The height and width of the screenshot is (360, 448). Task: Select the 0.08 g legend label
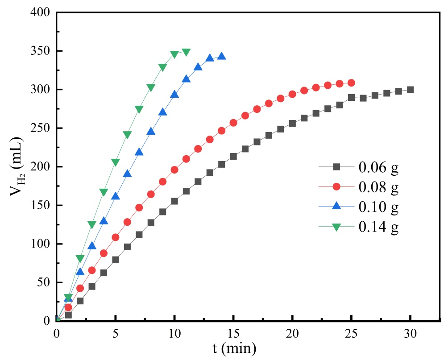378,187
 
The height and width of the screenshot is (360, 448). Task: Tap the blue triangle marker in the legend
336,207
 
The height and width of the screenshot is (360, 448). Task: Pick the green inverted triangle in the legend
336,227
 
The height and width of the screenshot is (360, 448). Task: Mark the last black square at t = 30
410,90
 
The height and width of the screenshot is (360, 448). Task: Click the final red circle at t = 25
351,83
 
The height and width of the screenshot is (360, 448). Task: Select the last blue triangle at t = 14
222,56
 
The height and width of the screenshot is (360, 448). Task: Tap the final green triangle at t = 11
186,52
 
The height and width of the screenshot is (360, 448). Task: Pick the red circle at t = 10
174,170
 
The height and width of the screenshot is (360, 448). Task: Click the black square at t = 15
233,157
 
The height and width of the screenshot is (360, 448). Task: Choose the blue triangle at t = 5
116,196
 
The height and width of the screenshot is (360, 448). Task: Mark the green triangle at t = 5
116,162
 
